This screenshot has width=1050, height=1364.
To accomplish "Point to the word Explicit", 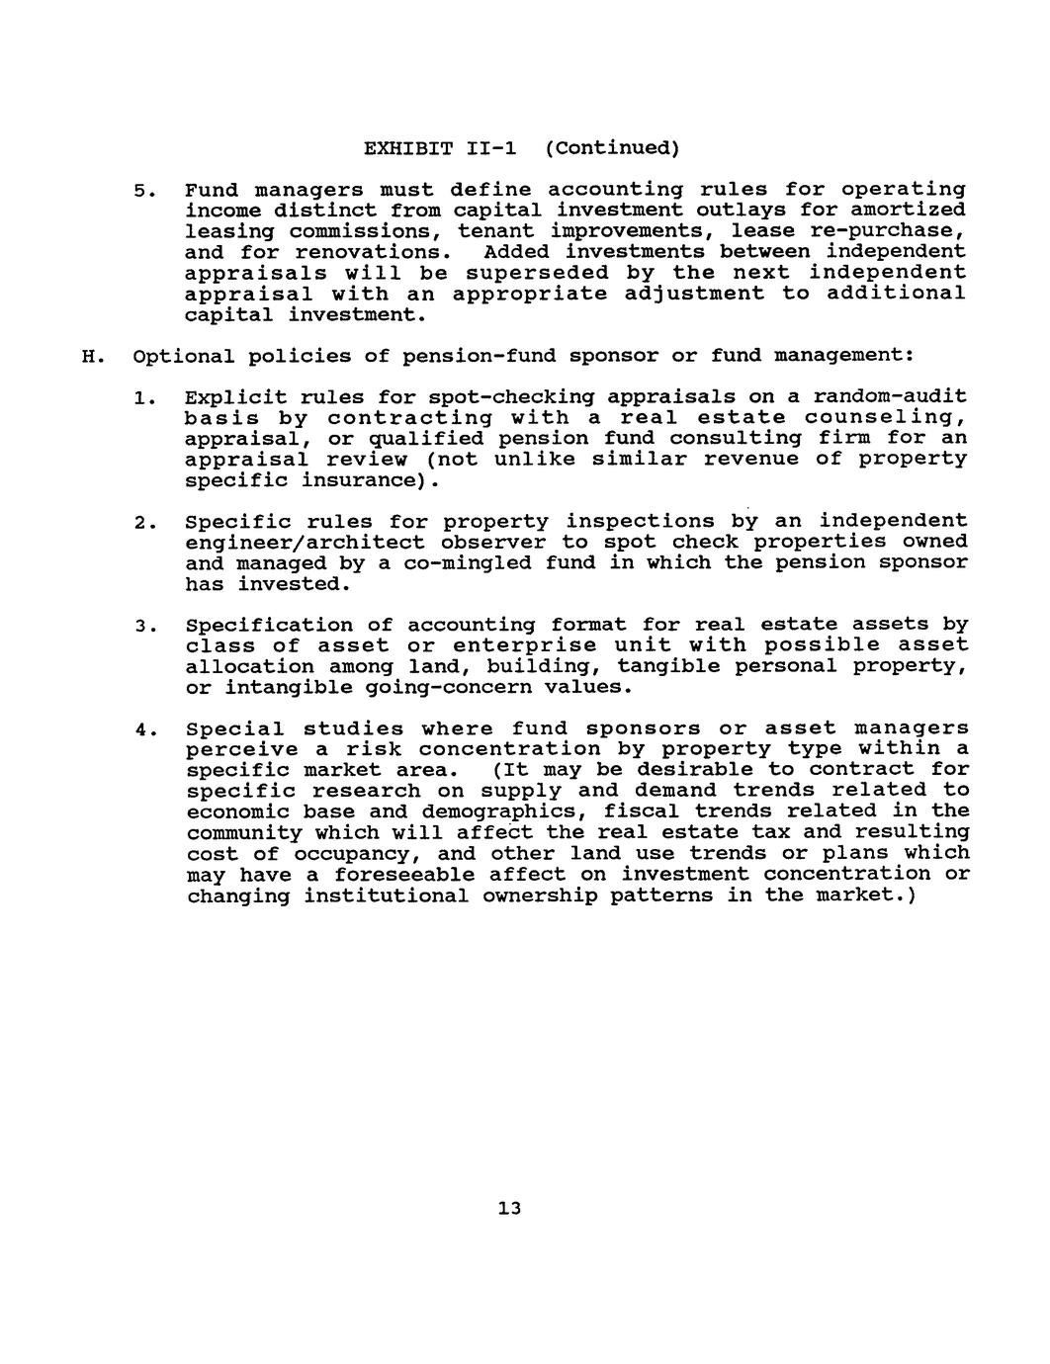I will pos(229,397).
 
